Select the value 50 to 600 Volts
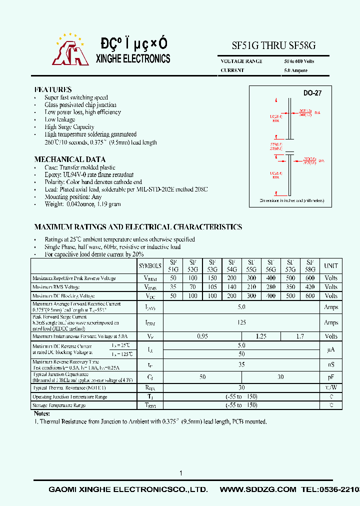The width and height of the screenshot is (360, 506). [298, 61]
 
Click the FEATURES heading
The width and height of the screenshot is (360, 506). [52, 89]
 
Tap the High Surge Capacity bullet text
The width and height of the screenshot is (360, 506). [69, 127]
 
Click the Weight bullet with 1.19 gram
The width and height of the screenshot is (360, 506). [82, 204]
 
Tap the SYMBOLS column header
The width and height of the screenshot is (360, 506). [150, 266]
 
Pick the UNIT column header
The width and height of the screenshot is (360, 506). [331, 266]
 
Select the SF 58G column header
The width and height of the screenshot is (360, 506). [310, 265]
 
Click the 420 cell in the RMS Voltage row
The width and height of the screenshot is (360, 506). [310, 287]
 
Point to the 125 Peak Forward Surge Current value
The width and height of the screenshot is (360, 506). [241, 322]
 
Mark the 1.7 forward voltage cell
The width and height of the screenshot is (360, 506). [300, 336]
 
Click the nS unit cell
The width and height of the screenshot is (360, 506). [331, 365]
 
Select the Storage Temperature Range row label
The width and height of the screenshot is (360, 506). [59, 405]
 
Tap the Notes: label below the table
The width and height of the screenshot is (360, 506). [42, 413]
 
